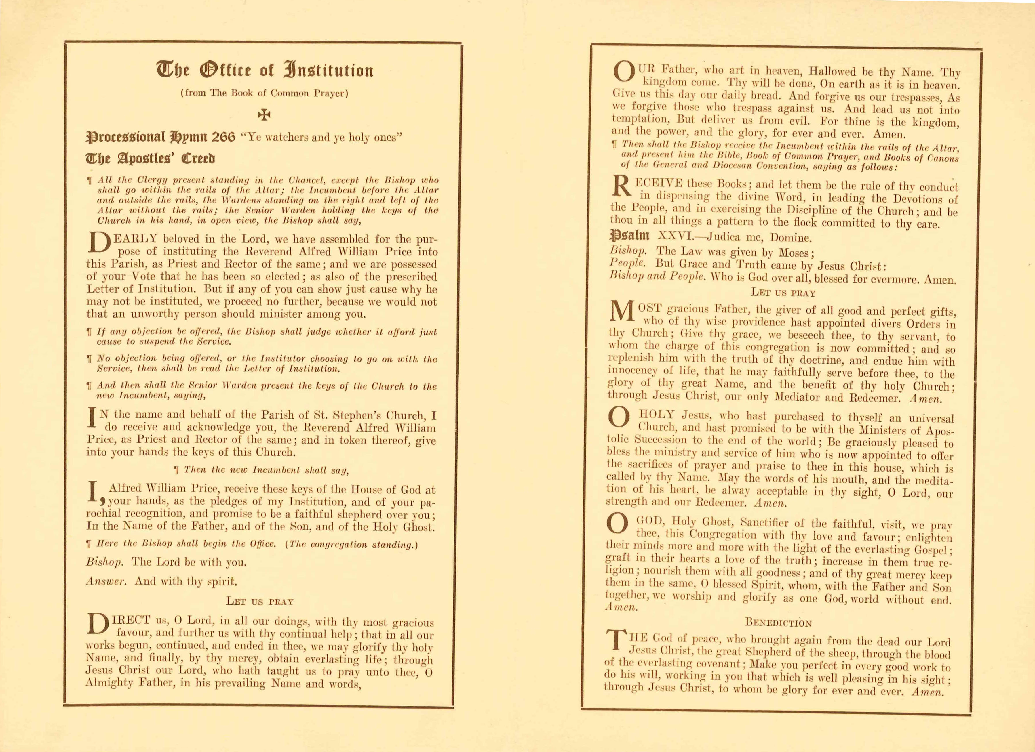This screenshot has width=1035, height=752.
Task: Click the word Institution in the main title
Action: (329, 70)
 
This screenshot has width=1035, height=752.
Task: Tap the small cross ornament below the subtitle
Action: (264, 114)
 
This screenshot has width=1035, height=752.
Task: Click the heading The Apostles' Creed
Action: (151, 159)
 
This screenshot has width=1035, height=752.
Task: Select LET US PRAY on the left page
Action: (260, 602)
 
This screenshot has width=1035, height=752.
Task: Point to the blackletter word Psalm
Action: (630, 236)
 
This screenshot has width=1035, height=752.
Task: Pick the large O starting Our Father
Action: (623, 72)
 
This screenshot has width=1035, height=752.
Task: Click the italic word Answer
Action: (105, 581)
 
